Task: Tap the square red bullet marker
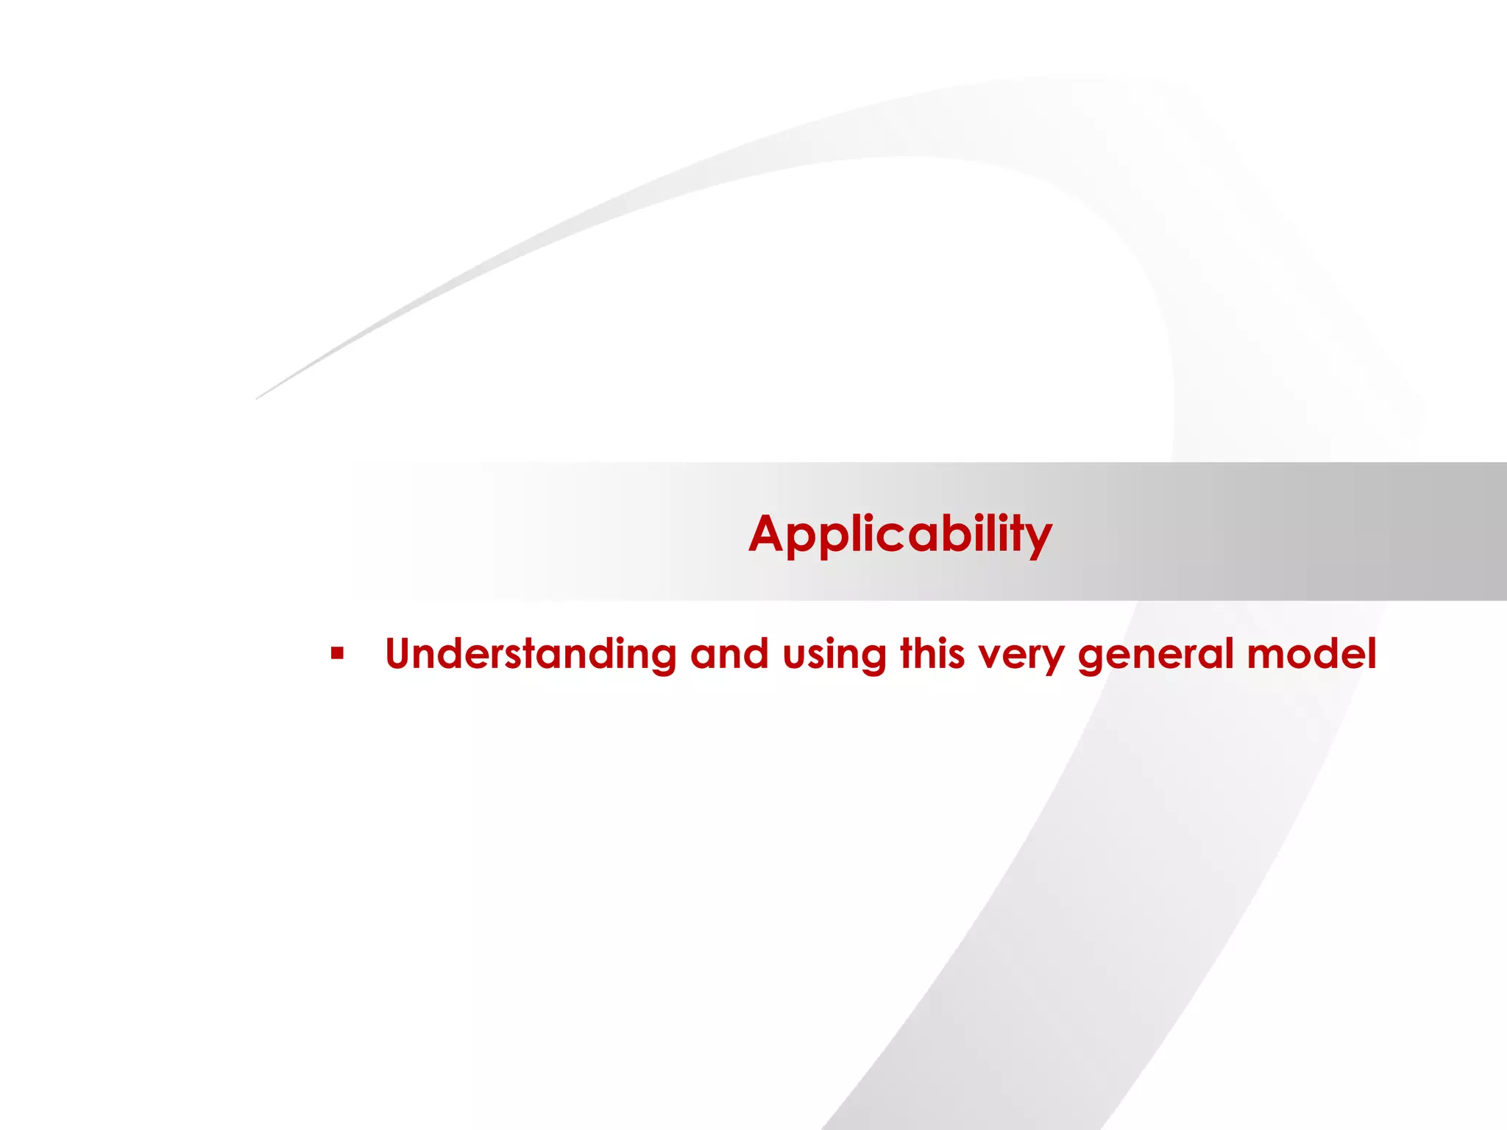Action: (337, 653)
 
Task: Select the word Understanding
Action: (531, 653)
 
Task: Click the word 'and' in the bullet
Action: (728, 653)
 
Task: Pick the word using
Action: (834, 655)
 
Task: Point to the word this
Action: (932, 653)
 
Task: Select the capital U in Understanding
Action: (403, 653)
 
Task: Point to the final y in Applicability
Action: (1039, 540)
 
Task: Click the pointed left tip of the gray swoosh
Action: (258, 398)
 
